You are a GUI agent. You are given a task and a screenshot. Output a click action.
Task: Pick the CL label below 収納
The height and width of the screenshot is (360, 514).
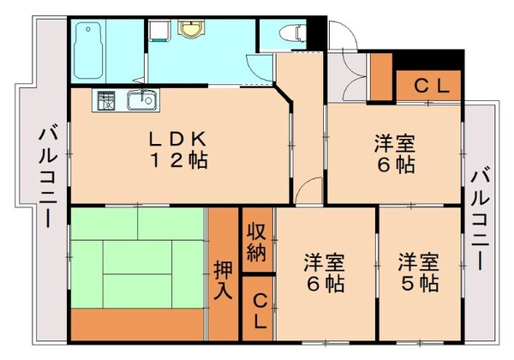tap(258, 312)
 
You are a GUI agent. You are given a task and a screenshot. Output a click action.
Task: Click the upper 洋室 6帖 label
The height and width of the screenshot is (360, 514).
tap(392, 154)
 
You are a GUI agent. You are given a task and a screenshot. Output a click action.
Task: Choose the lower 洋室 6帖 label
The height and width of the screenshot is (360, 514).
tap(325, 272)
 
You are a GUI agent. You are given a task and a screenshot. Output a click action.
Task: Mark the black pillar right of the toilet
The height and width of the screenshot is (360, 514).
tap(317, 33)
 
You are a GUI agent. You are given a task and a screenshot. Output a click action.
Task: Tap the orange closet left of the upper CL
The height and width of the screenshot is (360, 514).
tap(382, 79)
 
